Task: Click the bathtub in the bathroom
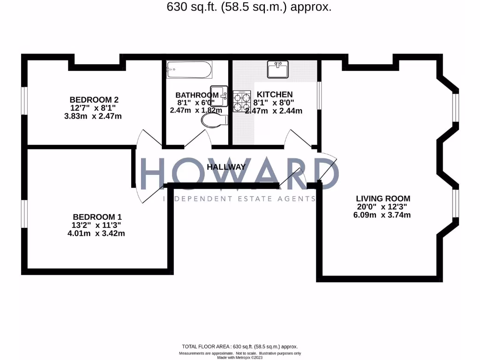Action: (189, 70)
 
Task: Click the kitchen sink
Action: (278, 69)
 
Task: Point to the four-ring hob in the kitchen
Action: (242, 101)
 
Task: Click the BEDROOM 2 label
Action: (94, 99)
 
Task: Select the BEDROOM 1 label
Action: (97, 217)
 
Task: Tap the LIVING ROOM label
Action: (383, 198)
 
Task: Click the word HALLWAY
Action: (226, 167)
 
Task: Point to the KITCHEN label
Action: (275, 95)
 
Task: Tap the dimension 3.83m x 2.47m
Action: (93, 116)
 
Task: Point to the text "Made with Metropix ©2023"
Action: (240, 357)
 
